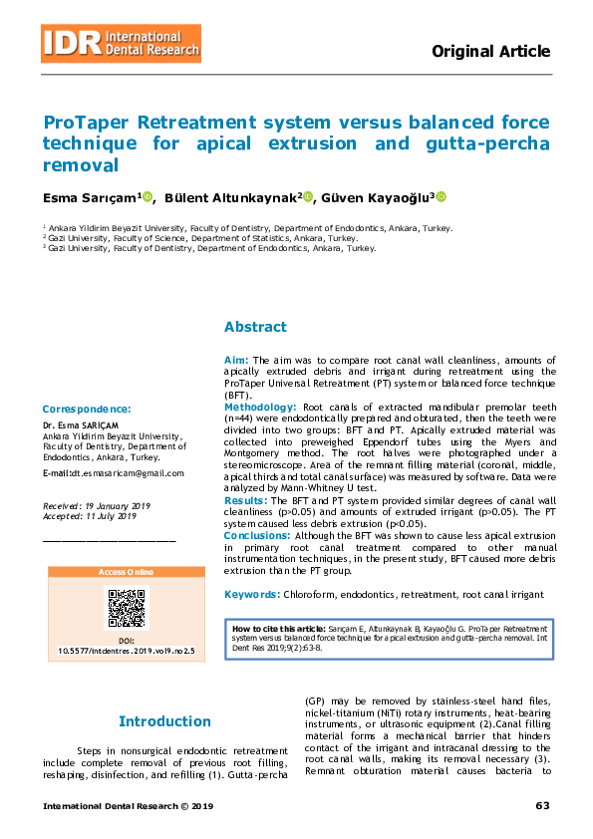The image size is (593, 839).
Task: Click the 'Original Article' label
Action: (490, 52)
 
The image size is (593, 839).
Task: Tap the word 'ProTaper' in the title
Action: (87, 123)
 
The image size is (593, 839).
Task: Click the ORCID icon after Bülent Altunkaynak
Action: (308, 197)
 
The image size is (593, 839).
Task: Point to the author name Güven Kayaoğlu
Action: (377, 197)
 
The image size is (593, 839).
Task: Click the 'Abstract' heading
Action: (255, 327)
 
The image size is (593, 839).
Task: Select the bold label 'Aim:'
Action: (235, 359)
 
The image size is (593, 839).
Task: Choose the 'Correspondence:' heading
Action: (87, 409)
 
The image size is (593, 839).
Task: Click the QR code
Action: (127, 608)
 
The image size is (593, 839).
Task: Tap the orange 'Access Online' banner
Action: (127, 572)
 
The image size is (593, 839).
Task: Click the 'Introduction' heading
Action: (164, 721)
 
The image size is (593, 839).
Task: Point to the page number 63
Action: (542, 805)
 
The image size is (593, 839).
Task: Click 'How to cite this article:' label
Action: (278, 630)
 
